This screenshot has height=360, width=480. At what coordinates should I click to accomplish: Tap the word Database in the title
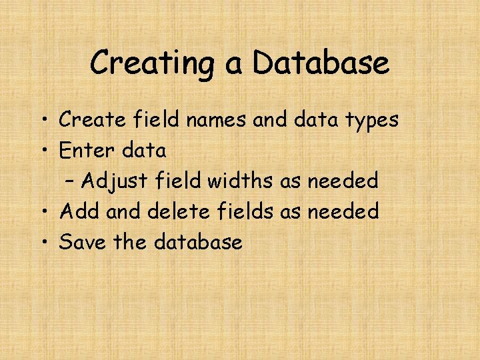321,63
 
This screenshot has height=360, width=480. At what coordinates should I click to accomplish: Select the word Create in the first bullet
89,120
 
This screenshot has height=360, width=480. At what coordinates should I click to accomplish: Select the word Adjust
116,181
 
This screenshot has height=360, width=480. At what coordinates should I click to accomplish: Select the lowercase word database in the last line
198,242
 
